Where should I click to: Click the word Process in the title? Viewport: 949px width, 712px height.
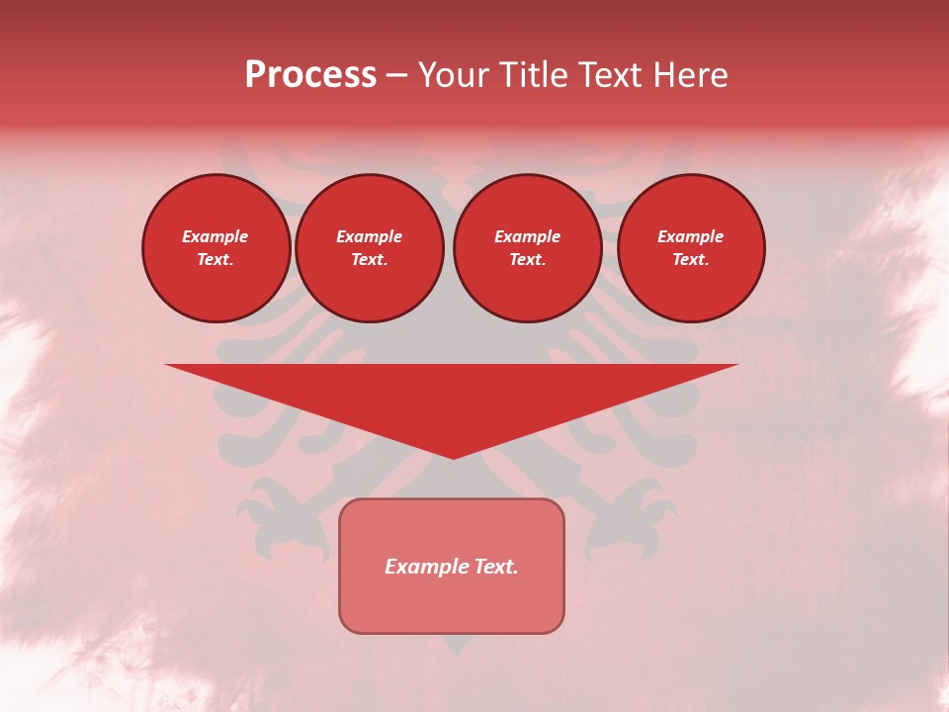click(x=310, y=75)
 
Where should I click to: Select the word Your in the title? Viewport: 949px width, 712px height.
click(x=455, y=75)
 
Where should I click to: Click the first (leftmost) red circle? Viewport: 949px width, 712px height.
click(x=216, y=248)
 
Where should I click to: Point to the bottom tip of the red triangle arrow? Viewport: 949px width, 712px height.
click(x=453, y=456)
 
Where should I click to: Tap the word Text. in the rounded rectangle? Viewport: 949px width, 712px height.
click(x=496, y=567)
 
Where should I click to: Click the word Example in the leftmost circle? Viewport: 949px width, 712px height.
click(x=216, y=236)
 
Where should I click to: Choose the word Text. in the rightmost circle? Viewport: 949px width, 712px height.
click(x=691, y=259)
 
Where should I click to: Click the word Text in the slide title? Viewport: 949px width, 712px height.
click(x=608, y=75)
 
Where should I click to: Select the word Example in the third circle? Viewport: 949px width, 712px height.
click(x=527, y=236)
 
